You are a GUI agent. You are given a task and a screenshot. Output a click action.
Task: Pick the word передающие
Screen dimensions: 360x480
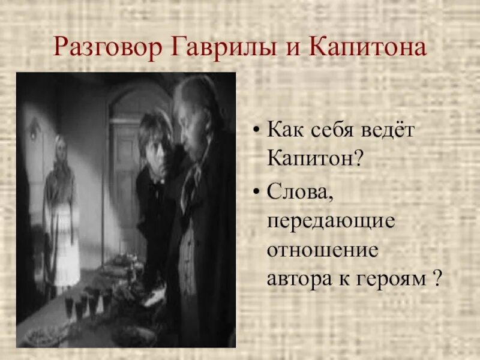tap(331, 220)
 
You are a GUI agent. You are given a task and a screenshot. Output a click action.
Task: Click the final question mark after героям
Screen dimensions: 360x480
tap(437, 279)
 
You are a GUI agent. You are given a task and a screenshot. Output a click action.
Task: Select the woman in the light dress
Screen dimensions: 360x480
tap(61, 216)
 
